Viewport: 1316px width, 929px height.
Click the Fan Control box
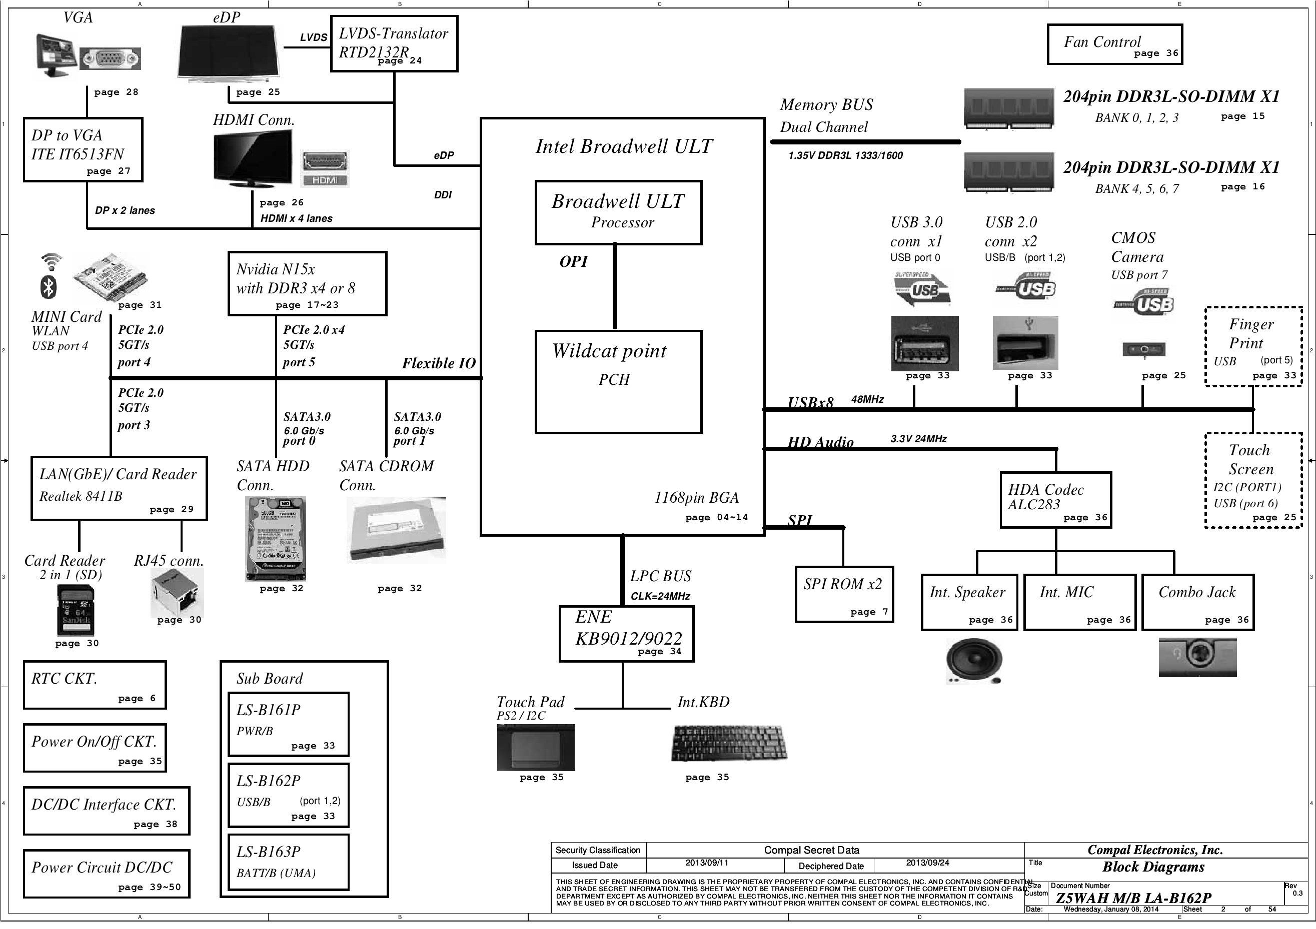tap(1114, 44)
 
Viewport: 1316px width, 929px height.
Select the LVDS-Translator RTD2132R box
tap(394, 43)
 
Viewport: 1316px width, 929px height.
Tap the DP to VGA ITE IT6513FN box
tap(83, 149)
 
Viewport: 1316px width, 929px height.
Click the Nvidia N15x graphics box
tap(307, 283)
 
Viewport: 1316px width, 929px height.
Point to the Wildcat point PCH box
tap(618, 381)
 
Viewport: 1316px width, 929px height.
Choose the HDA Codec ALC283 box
tap(1055, 499)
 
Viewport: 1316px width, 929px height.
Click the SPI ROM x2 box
tap(844, 594)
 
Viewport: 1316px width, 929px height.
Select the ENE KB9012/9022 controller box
tap(626, 634)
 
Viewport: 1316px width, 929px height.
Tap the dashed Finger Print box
tap(1253, 346)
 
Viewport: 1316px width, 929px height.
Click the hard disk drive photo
tap(275, 538)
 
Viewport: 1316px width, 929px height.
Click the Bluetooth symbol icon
tap(49, 286)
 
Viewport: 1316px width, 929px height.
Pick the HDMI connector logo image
tap(325, 168)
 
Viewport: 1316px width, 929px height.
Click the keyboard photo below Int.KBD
tap(729, 743)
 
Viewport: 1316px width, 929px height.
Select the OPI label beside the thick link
tap(573, 262)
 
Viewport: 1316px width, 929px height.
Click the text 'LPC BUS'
tap(660, 576)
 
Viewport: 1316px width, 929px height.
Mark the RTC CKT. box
tap(95, 685)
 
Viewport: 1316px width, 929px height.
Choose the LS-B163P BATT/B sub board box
tap(288, 862)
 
